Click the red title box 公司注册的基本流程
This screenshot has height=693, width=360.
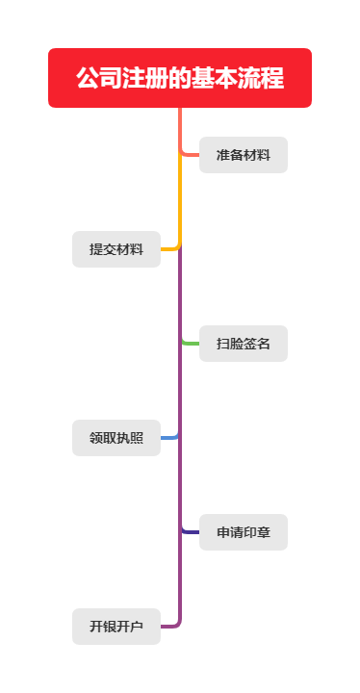pyautogui.click(x=180, y=78)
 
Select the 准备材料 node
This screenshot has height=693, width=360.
pyautogui.click(x=243, y=155)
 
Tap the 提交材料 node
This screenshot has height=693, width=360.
pyautogui.click(x=116, y=249)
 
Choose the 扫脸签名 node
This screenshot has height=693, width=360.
pyautogui.click(x=243, y=344)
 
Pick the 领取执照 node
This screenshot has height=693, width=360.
pyautogui.click(x=116, y=438)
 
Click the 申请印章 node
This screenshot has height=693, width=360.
pyautogui.click(x=243, y=532)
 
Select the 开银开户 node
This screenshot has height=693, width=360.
pyautogui.click(x=116, y=627)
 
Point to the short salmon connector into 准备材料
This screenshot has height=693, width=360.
pyautogui.click(x=191, y=154)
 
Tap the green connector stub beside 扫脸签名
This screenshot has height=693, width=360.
pyautogui.click(x=191, y=343)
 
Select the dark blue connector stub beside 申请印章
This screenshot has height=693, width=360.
pyautogui.click(x=191, y=531)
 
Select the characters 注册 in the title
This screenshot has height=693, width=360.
pyautogui.click(x=141, y=78)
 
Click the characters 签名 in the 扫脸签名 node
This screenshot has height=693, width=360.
pyautogui.click(x=257, y=344)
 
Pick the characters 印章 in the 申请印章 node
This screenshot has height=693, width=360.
pyautogui.click(x=257, y=532)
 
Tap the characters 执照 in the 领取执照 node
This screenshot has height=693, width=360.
pyautogui.click(x=130, y=438)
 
